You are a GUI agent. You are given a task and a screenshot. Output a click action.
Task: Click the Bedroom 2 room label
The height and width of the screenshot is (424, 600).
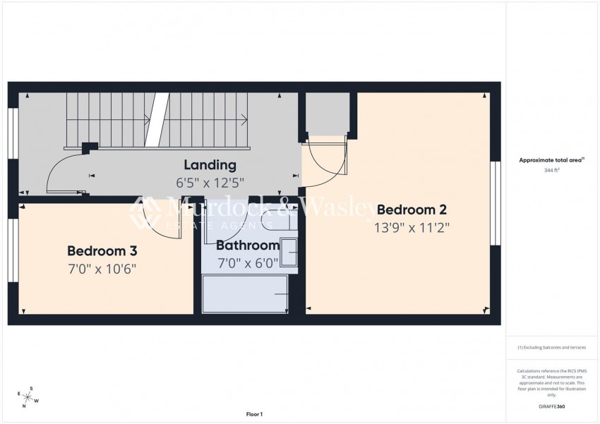click(x=412, y=210)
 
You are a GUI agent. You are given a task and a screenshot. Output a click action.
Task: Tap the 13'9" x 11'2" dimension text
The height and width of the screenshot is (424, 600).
click(x=413, y=228)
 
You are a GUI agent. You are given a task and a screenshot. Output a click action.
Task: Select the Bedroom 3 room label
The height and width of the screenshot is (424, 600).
click(x=102, y=250)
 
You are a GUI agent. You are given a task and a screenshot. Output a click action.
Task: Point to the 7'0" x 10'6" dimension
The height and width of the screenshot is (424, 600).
click(x=102, y=269)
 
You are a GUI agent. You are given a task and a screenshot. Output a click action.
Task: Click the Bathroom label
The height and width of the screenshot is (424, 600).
click(x=248, y=246)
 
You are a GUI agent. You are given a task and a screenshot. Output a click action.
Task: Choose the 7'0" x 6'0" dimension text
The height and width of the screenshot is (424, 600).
click(x=248, y=263)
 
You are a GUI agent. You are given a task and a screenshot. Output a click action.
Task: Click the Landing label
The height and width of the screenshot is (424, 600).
click(x=210, y=165)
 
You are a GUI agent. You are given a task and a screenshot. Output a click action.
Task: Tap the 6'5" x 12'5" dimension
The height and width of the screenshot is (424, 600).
click(x=210, y=183)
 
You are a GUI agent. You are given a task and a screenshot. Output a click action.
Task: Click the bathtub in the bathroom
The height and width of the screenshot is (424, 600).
click(x=245, y=293)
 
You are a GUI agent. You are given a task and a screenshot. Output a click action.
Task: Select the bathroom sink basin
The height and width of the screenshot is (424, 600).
click(x=289, y=252)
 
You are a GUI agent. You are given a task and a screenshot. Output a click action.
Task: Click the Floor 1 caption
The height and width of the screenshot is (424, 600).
click(x=254, y=414)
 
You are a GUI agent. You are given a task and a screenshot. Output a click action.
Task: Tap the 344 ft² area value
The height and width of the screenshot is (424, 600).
click(x=552, y=171)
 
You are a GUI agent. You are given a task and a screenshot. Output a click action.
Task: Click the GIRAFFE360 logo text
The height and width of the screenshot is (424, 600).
click(x=551, y=407)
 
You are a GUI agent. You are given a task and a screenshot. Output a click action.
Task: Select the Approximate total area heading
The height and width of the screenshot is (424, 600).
click(x=551, y=160)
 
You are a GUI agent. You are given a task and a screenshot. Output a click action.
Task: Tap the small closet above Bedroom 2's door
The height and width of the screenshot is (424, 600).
click(x=328, y=113)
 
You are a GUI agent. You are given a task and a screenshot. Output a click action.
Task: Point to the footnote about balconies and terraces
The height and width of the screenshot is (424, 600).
click(x=551, y=347)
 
